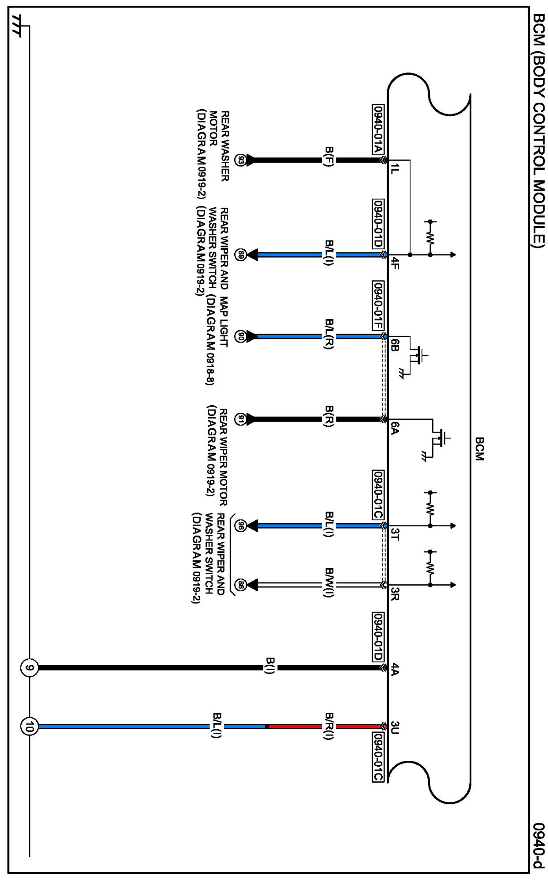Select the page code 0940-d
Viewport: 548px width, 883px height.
click(x=538, y=845)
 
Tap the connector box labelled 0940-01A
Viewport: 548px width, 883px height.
click(x=378, y=129)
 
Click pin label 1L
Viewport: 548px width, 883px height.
click(x=395, y=168)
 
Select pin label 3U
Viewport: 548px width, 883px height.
click(x=395, y=728)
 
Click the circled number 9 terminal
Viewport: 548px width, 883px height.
click(x=29, y=668)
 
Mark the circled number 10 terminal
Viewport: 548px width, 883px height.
click(x=29, y=726)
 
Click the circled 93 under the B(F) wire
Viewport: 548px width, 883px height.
click(x=240, y=160)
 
